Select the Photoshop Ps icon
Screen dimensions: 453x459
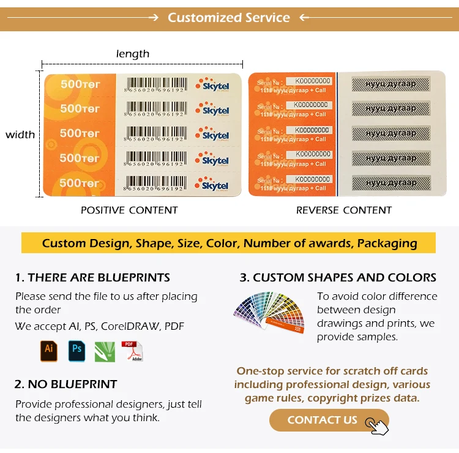coord(77,351)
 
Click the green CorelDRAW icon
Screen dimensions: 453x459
coord(105,351)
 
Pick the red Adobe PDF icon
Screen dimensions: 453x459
coord(132,351)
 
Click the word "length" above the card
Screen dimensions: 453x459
coord(133,54)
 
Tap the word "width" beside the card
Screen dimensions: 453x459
coord(20,135)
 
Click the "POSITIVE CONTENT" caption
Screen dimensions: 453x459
coord(129,210)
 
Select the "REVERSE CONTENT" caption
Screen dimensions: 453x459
coord(344,210)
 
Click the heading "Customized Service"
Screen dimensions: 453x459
coord(229,17)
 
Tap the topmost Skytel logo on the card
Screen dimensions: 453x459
coord(214,85)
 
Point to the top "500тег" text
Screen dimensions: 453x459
coord(80,83)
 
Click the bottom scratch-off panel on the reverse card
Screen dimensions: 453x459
coord(390,182)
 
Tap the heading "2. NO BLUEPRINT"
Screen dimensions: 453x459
coord(65,384)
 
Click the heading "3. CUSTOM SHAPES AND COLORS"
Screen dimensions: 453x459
coord(338,278)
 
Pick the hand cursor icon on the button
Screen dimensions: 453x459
coord(377,425)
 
